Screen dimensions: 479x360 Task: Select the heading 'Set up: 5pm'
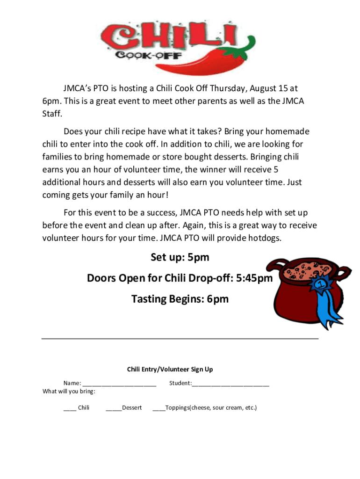[180, 257]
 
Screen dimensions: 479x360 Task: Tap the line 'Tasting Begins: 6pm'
[180, 298]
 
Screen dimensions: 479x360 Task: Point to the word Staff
[52, 113]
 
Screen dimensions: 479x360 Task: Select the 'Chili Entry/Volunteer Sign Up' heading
[170, 370]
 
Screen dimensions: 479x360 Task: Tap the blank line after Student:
[230, 384]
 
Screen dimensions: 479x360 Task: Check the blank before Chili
[70, 408]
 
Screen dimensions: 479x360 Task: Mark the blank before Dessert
[114, 408]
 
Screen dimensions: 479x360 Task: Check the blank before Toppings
[159, 408]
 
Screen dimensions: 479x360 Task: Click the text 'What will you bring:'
[69, 391]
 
